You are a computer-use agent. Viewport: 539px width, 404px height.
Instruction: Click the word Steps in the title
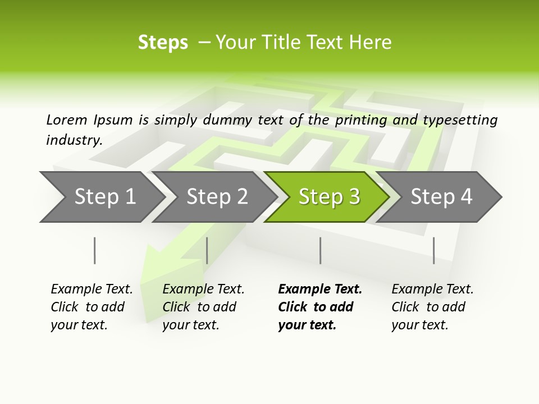[x=163, y=43]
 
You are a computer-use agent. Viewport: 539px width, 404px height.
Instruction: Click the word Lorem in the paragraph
[x=66, y=120]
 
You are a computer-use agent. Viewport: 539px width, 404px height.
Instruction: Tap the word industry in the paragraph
[x=74, y=140]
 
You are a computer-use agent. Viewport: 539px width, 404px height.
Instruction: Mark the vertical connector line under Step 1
[x=94, y=250]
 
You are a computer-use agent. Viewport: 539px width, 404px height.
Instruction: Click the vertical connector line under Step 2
[x=207, y=250]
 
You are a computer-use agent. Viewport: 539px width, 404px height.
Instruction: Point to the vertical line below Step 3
[x=320, y=250]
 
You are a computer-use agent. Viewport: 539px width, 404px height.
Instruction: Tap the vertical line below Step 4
[x=433, y=250]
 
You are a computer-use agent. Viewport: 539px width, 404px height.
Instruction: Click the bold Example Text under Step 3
[x=320, y=290]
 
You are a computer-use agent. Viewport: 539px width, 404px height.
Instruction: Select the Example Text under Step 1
[x=92, y=290]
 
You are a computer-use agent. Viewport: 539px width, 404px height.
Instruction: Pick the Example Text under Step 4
[x=432, y=290]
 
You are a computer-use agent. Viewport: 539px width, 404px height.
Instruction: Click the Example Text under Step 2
[x=203, y=290]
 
